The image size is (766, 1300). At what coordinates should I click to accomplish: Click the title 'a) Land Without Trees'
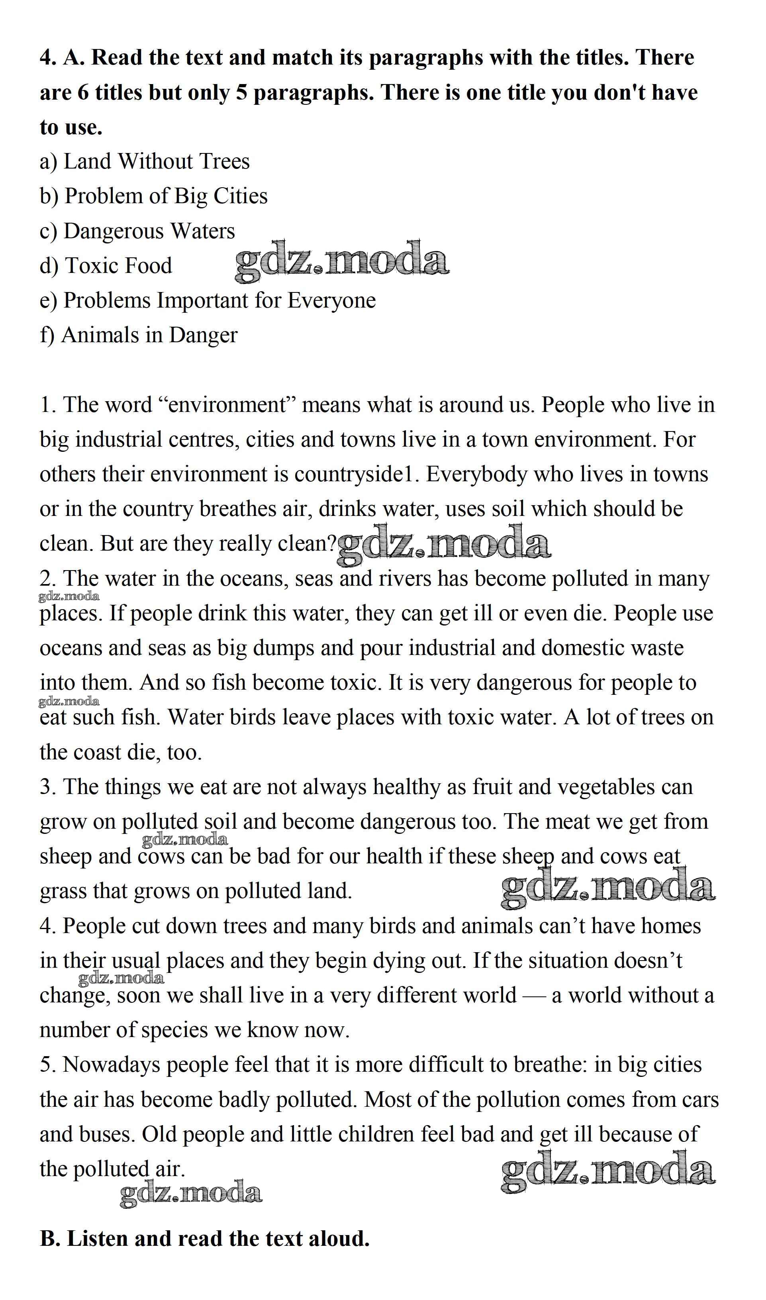pyautogui.click(x=145, y=162)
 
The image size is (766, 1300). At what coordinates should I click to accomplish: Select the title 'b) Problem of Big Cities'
pyautogui.click(x=154, y=196)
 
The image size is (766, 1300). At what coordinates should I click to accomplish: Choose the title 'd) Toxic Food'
pyautogui.click(x=106, y=265)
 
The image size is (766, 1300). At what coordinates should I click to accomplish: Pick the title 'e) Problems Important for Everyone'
pyautogui.click(x=208, y=300)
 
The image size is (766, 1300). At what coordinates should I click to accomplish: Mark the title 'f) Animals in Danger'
pyautogui.click(x=138, y=335)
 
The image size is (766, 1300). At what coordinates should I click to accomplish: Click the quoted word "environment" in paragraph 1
pyautogui.click(x=227, y=405)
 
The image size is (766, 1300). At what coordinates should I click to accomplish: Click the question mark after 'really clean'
pyautogui.click(x=331, y=544)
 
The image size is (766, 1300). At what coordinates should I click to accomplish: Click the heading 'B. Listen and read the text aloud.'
pyautogui.click(x=205, y=1239)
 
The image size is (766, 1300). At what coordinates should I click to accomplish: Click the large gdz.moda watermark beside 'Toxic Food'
pyautogui.click(x=341, y=261)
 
